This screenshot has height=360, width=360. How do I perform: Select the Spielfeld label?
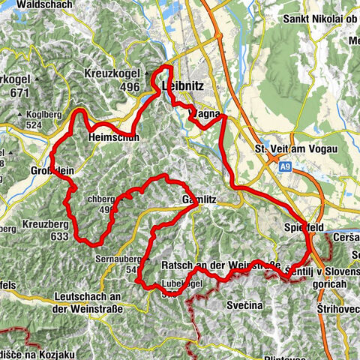(x=303, y=226)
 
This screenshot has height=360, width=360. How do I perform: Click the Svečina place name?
(x=246, y=307)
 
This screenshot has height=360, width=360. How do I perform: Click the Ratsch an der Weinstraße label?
(x=220, y=266)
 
